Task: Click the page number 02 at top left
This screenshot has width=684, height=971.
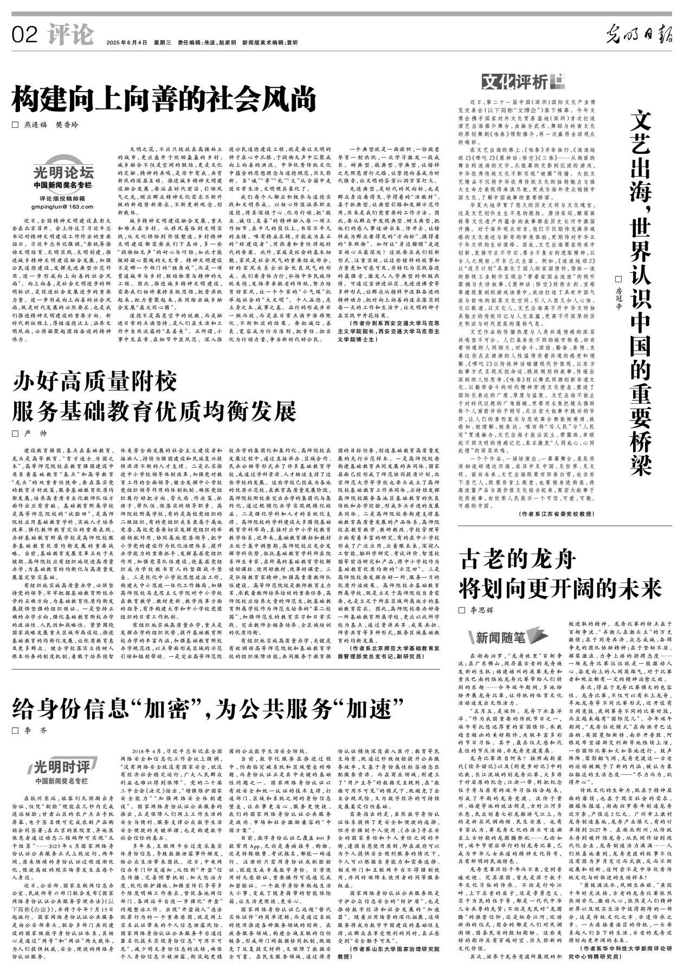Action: click(x=25, y=35)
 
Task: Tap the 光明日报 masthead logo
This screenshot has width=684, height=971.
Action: click(x=639, y=35)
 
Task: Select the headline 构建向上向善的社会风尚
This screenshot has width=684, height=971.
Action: click(x=165, y=100)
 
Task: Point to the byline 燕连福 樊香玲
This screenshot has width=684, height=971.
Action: click(x=51, y=125)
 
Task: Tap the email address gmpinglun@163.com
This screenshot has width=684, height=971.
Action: click(x=62, y=206)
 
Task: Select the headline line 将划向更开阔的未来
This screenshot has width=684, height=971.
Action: click(x=560, y=588)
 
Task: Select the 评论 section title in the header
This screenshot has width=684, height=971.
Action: click(x=70, y=35)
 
